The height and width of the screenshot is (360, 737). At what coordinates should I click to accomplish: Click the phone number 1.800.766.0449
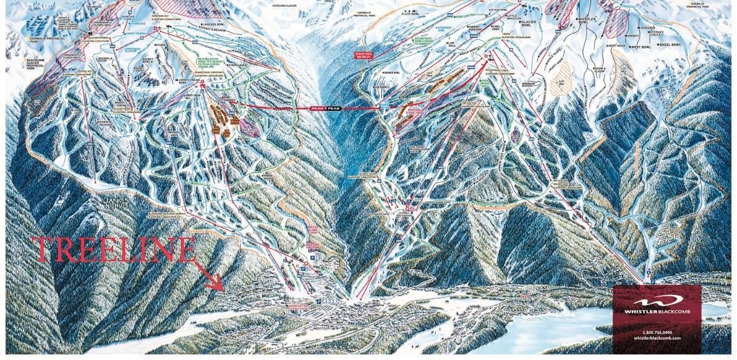click(657, 332)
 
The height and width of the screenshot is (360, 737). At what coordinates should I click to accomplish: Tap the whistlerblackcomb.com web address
click(657, 338)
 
